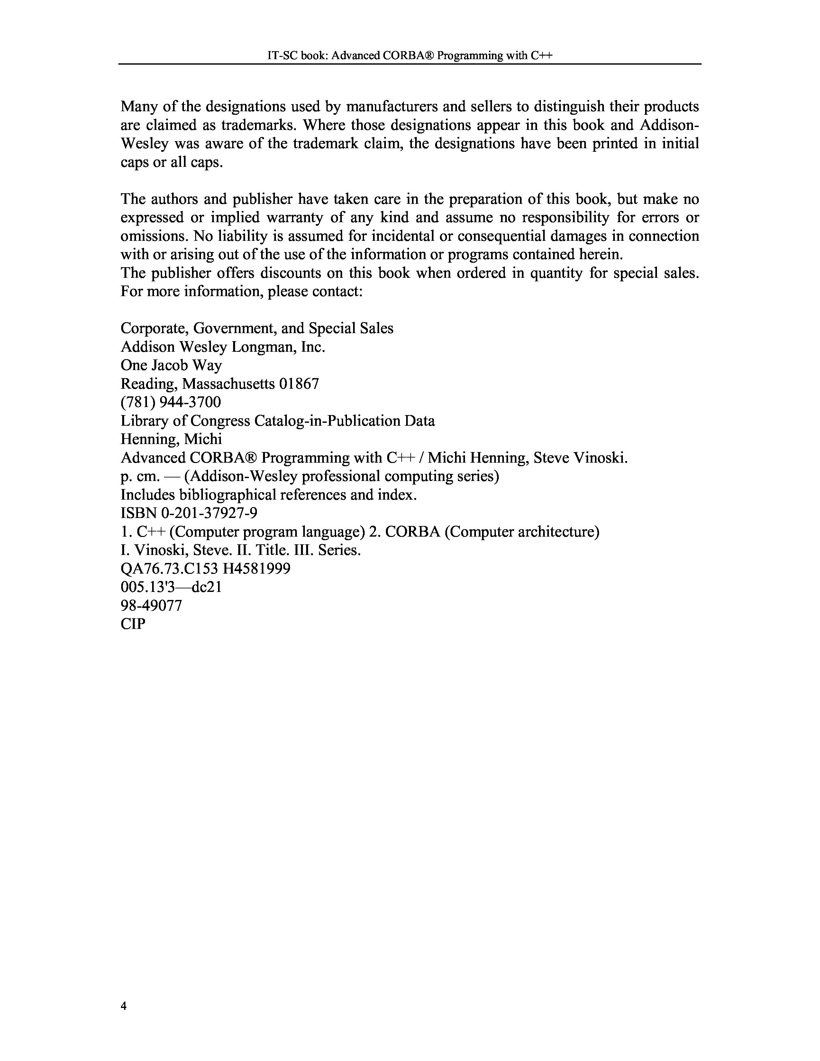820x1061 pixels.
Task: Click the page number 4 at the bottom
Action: tap(123, 1006)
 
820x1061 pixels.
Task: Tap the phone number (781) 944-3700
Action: tap(170, 402)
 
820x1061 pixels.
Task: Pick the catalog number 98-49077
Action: tap(151, 605)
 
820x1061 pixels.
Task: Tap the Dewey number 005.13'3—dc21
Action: tap(171, 587)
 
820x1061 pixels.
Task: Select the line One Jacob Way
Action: tap(171, 365)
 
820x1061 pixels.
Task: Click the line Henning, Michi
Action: tap(171, 439)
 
